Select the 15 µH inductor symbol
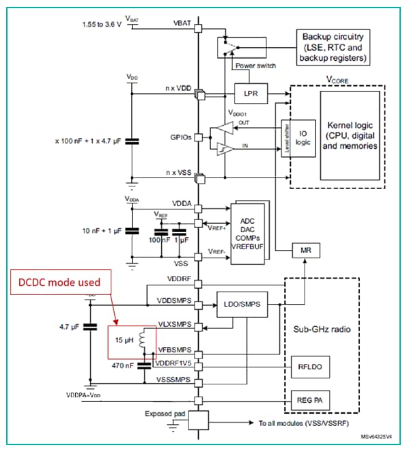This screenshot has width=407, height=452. click(142, 339)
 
